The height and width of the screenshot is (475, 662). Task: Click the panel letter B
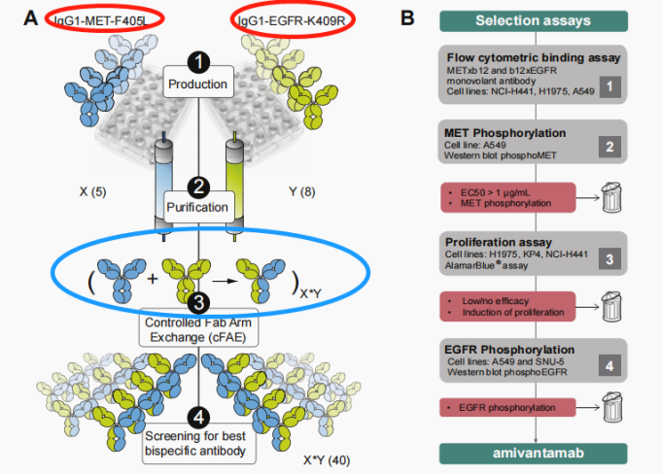pos(409,17)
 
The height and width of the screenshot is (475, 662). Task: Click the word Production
pos(197,84)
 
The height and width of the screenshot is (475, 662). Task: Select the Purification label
pos(197,207)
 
